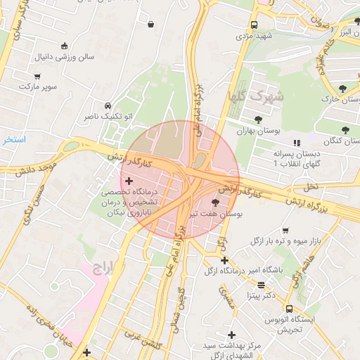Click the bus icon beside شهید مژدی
pos(254,25)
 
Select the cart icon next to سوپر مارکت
pos(37,76)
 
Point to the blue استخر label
pos(13,140)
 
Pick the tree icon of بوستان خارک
pos(342,89)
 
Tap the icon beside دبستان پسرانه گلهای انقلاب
pos(296,143)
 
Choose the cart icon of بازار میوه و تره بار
pos(285,231)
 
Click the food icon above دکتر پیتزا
pos(262,285)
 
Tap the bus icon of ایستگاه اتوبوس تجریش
pos(289,308)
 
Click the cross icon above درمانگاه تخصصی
pos(129,181)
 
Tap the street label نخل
pos(311,186)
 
